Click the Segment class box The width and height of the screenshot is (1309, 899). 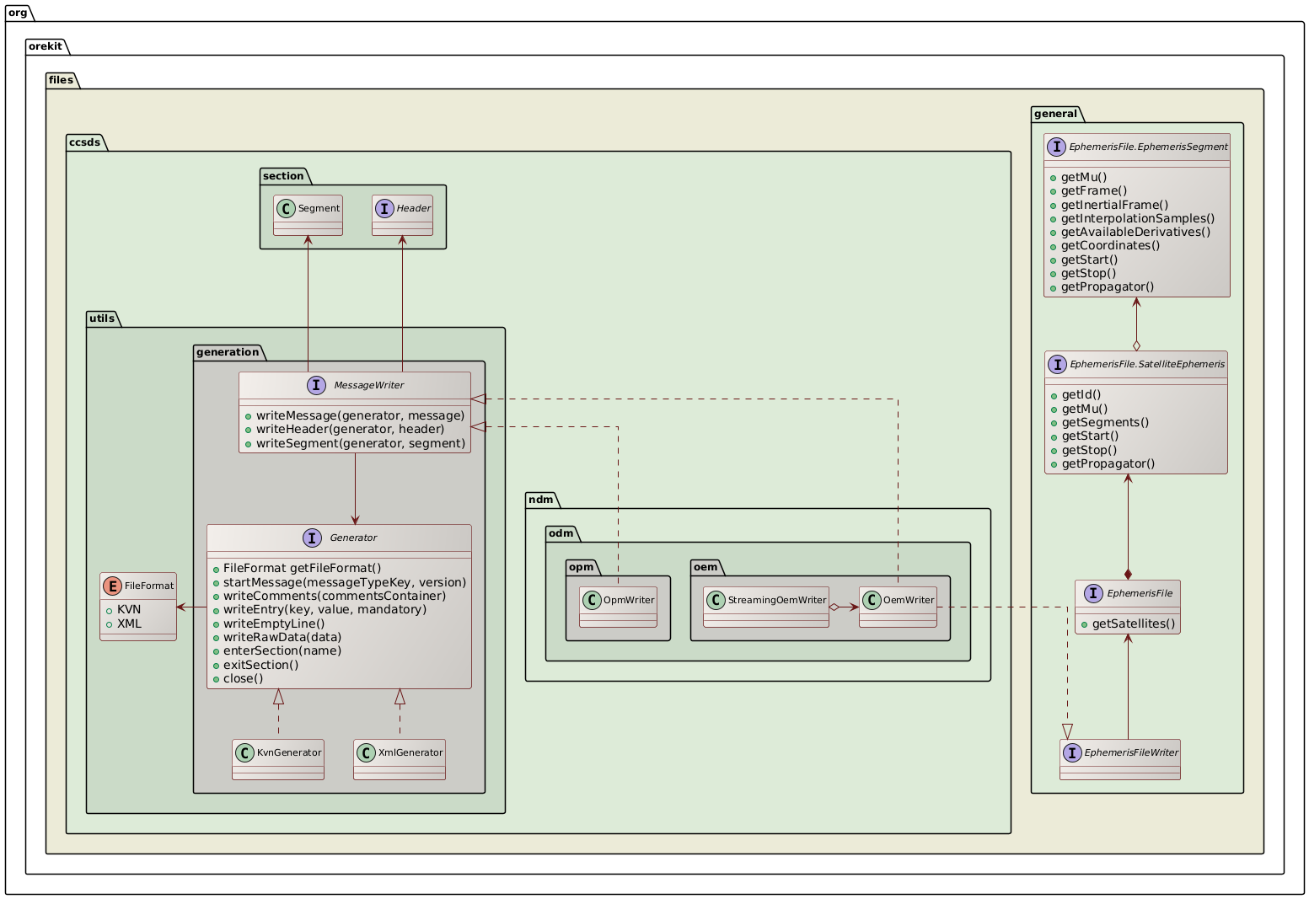(x=308, y=215)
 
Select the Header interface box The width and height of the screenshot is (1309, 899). (x=402, y=215)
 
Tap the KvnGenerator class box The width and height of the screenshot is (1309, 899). (x=278, y=759)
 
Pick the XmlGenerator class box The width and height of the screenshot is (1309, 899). (x=400, y=759)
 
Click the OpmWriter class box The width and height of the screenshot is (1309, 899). (x=618, y=607)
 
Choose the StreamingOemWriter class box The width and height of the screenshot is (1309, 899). (x=766, y=607)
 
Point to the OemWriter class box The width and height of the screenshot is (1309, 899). (x=898, y=607)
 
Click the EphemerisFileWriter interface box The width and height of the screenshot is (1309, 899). (x=1120, y=759)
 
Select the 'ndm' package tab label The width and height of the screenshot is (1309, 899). (x=540, y=500)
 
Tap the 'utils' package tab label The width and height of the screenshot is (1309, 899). (x=104, y=318)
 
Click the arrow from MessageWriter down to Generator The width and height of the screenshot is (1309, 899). (x=356, y=489)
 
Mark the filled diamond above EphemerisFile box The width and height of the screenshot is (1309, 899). (x=1128, y=574)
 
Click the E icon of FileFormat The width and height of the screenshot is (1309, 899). (x=112, y=585)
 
